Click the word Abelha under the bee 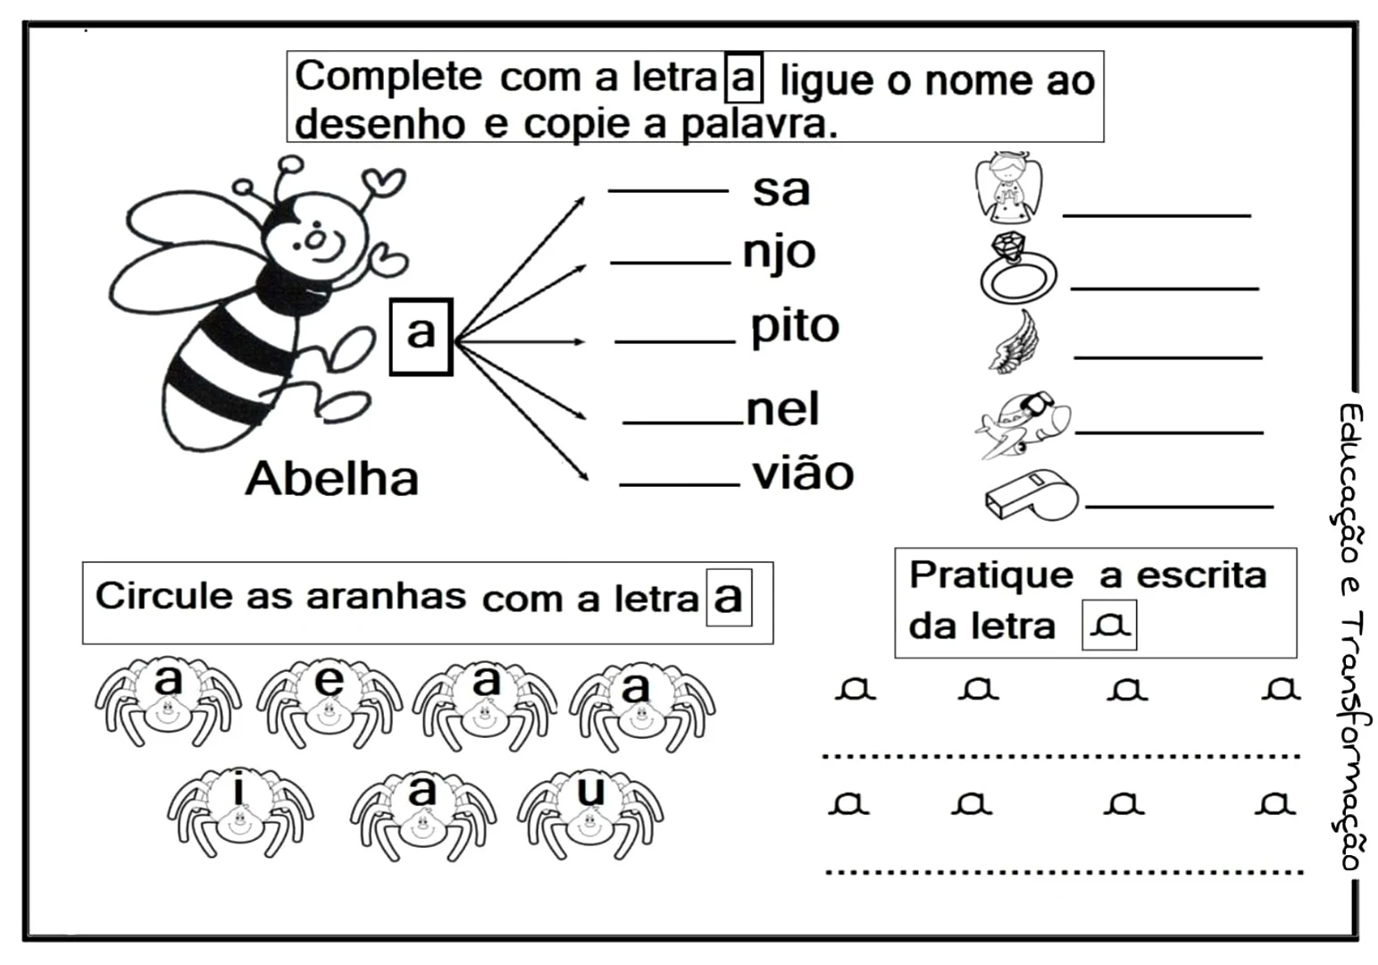click(x=332, y=479)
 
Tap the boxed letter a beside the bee click(x=421, y=336)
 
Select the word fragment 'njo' click(x=779, y=253)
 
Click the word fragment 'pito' click(x=794, y=327)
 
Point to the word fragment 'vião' click(x=803, y=474)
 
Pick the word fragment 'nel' click(x=782, y=410)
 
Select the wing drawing click(x=1016, y=341)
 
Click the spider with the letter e click(x=329, y=702)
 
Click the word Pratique click(x=990, y=575)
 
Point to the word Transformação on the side click(x=1352, y=742)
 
